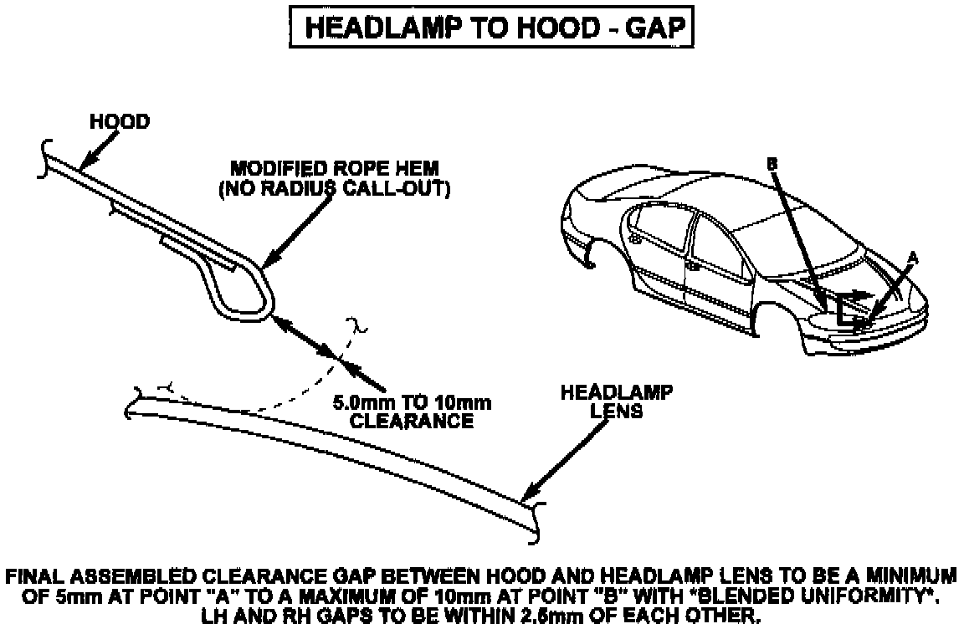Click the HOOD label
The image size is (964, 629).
pos(120,122)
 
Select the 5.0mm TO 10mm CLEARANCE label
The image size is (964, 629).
pos(412,412)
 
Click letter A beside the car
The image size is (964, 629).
pos(913,260)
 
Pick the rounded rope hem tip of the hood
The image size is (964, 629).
pos(266,293)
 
